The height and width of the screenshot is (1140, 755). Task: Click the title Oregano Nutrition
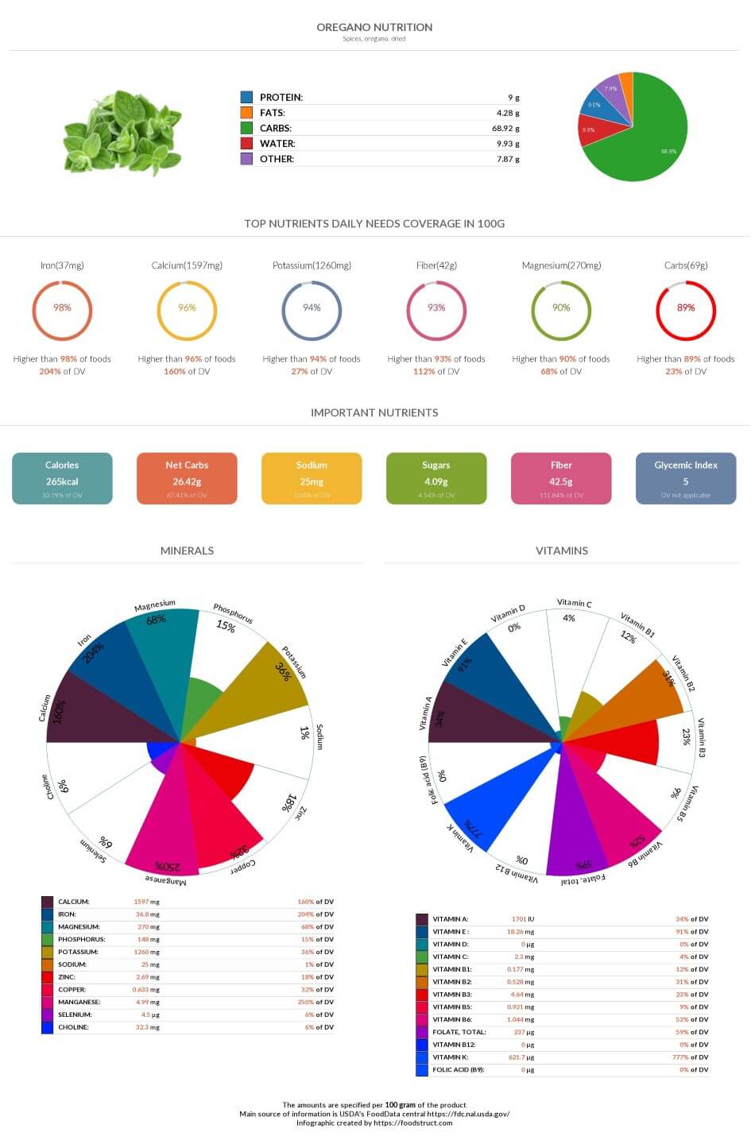374,27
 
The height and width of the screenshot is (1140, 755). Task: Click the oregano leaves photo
123,131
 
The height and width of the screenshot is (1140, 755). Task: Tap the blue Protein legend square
246,97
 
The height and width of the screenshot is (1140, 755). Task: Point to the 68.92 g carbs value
505,128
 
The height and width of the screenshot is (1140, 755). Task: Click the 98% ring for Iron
62,308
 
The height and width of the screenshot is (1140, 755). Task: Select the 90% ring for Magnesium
561,308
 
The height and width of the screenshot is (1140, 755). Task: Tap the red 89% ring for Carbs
686,308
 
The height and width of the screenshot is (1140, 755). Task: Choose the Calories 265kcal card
62,478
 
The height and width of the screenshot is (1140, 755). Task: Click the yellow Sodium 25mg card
312,478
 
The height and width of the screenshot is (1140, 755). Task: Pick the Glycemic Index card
686,478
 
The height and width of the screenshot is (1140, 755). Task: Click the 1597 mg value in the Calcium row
146,902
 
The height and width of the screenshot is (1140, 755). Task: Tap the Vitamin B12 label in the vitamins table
452,1045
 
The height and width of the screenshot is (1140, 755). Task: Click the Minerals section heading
187,551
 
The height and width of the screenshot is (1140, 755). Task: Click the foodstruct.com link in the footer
412,1123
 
